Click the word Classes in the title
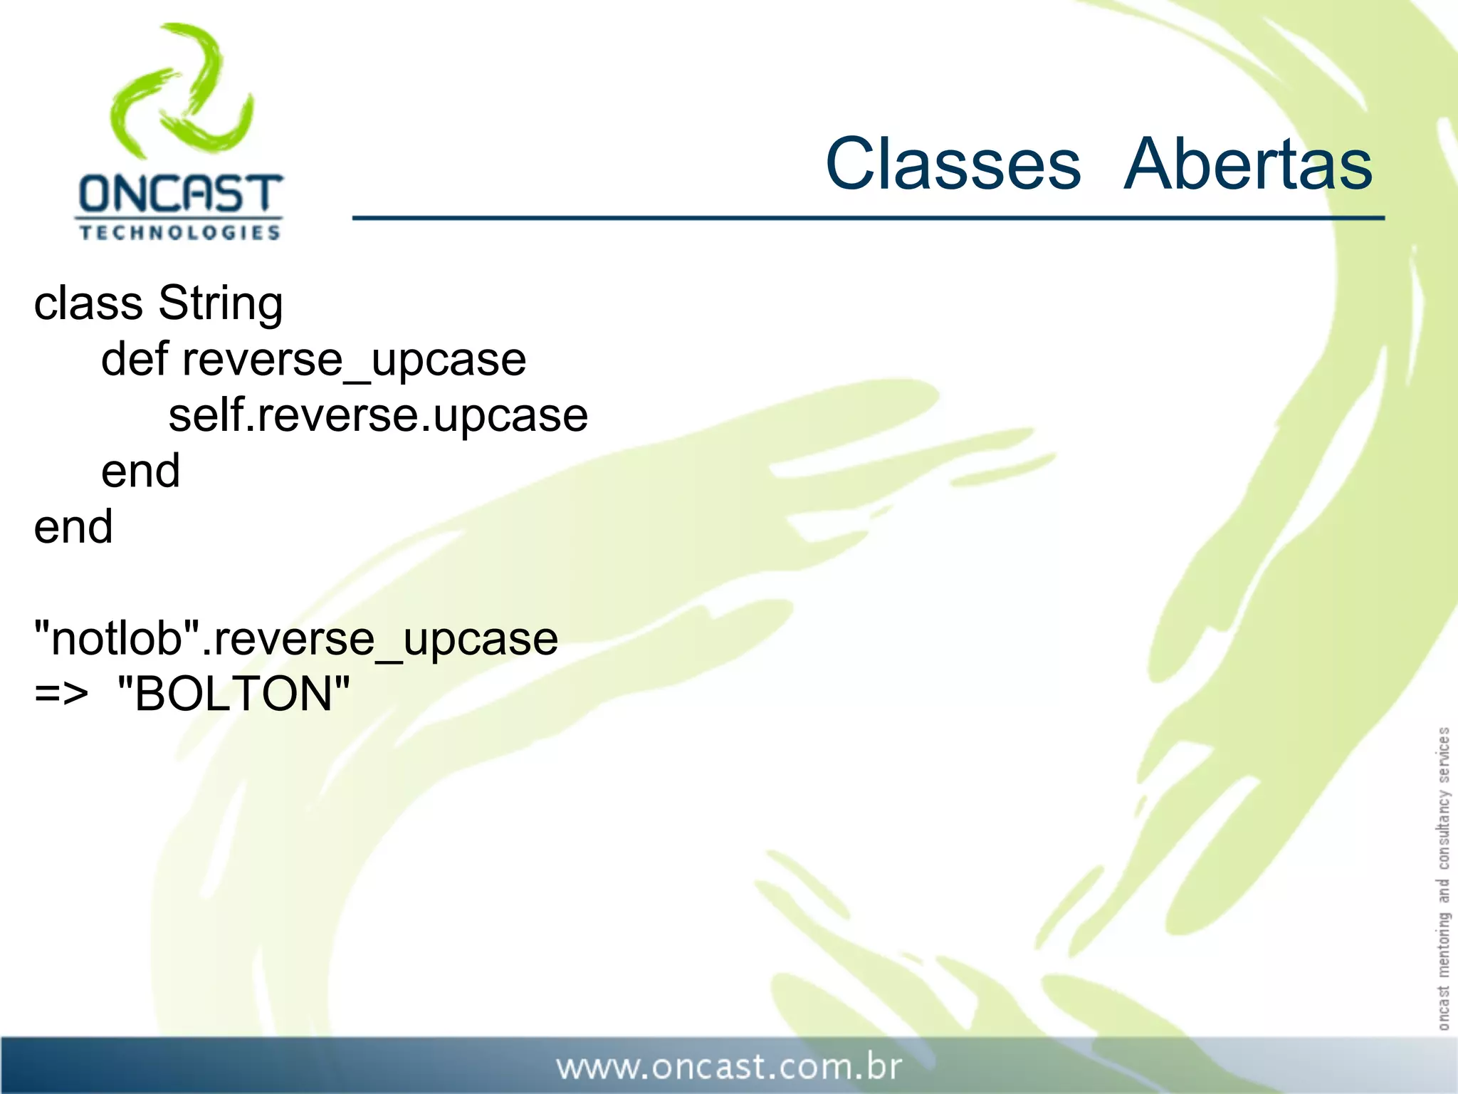[x=953, y=165]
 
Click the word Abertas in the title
[x=1247, y=165]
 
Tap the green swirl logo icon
[x=182, y=89]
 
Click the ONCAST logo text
[x=180, y=194]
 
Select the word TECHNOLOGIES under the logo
[x=179, y=233]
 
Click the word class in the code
[x=88, y=303]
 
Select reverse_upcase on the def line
[x=354, y=360]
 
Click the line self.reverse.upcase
[x=377, y=416]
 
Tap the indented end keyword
[x=140, y=471]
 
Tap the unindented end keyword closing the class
[x=73, y=527]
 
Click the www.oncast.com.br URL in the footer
[x=728, y=1067]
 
